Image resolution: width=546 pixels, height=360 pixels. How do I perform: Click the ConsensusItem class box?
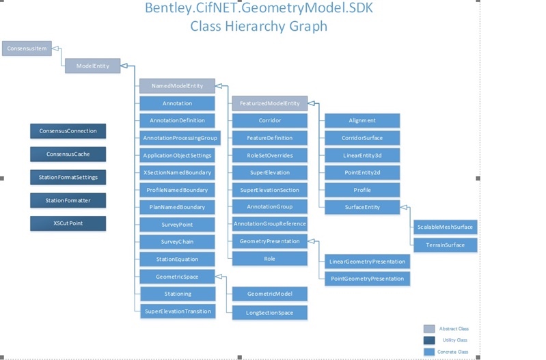coord(27,49)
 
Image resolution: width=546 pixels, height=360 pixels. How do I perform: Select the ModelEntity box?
coord(92,66)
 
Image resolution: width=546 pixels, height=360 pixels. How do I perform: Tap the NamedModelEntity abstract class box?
coord(177,86)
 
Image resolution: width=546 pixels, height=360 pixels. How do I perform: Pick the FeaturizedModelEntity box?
coord(269,103)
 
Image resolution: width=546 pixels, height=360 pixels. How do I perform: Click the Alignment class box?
coord(361,120)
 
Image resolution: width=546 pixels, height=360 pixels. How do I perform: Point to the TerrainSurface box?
coord(444,244)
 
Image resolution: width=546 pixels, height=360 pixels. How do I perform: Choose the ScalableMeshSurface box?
coord(444,227)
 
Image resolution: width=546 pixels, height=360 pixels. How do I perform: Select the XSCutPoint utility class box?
coord(68,223)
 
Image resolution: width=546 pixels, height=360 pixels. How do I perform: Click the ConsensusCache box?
coord(68,154)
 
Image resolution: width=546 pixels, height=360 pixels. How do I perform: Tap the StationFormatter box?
coord(68,200)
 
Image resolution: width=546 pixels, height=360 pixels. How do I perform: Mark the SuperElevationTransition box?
coord(177,311)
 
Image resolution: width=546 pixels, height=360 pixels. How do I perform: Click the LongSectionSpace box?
coord(269,311)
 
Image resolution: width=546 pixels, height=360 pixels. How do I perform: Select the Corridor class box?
coord(269,120)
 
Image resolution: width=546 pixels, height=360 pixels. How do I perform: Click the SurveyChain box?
coord(177,241)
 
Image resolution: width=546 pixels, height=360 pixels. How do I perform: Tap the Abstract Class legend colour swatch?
coord(429,329)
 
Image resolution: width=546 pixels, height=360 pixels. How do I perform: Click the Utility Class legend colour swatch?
coord(429,340)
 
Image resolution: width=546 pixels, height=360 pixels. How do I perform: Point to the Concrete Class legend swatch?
coord(429,352)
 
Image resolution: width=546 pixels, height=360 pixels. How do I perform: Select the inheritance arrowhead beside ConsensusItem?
coord(57,49)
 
